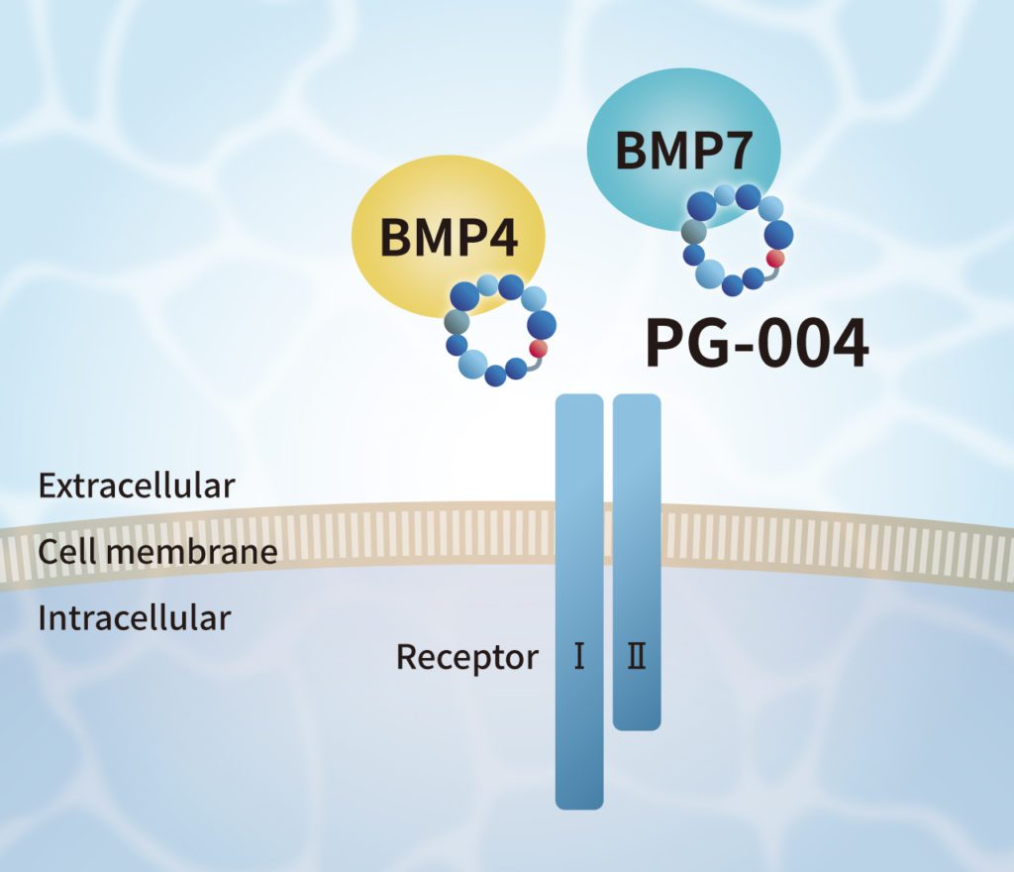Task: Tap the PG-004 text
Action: (x=758, y=342)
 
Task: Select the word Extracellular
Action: (x=136, y=487)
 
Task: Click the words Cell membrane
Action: (x=157, y=551)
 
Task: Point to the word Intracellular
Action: (x=134, y=618)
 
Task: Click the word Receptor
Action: (x=467, y=656)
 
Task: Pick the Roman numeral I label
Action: (x=579, y=656)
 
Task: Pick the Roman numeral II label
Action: (x=637, y=656)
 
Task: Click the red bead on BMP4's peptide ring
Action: (x=539, y=349)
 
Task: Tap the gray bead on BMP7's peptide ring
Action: (x=694, y=232)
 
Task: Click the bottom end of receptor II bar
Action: (x=637, y=724)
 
